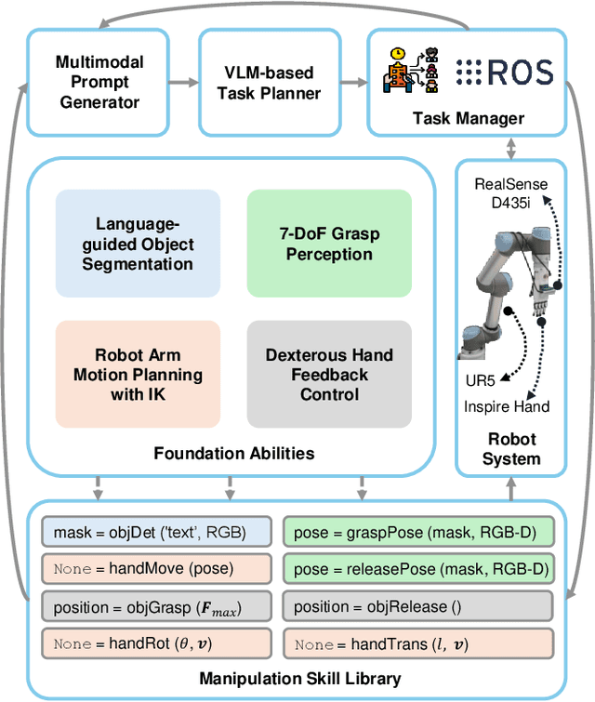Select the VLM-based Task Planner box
point(269,81)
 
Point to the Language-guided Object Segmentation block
point(139,245)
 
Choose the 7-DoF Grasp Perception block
point(329,245)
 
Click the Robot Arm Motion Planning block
point(139,375)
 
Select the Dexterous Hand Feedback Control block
point(329,375)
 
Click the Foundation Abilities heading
point(234,454)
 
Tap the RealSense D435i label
point(510,192)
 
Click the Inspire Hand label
point(507,406)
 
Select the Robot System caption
point(510,449)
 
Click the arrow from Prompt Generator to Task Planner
point(182,81)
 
